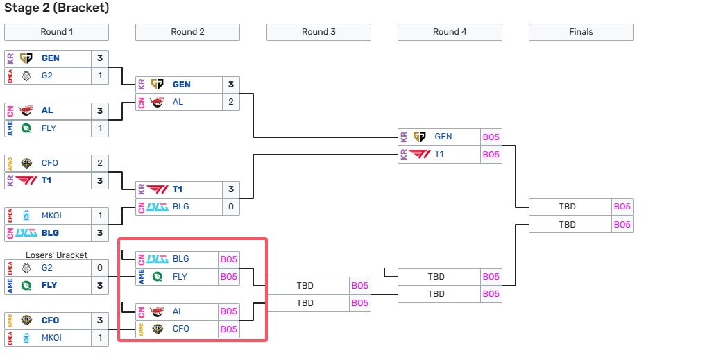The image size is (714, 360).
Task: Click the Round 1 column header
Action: pos(56,32)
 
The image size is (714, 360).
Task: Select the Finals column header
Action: pos(581,32)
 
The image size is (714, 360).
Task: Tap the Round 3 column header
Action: pos(318,32)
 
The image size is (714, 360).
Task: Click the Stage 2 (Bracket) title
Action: pos(56,8)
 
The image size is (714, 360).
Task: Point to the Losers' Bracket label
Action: pos(57,255)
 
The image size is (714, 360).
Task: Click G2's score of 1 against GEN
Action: pos(100,76)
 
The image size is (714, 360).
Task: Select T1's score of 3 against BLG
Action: pos(231,189)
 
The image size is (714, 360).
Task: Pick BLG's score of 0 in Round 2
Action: pos(231,207)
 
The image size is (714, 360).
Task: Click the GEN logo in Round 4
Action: pos(420,137)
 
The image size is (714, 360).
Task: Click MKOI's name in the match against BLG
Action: pos(52,216)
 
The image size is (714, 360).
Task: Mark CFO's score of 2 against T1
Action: pos(100,163)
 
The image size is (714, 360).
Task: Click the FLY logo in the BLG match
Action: pos(158,277)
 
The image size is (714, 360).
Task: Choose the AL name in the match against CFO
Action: pos(178,311)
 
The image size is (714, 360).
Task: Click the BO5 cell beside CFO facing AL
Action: pos(229,329)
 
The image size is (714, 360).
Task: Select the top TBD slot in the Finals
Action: pos(568,207)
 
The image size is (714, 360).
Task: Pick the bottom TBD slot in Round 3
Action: pos(305,303)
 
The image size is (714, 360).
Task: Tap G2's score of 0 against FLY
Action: pos(100,267)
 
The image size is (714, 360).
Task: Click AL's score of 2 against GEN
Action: pos(231,102)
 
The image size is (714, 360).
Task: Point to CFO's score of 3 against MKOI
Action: pos(100,320)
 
